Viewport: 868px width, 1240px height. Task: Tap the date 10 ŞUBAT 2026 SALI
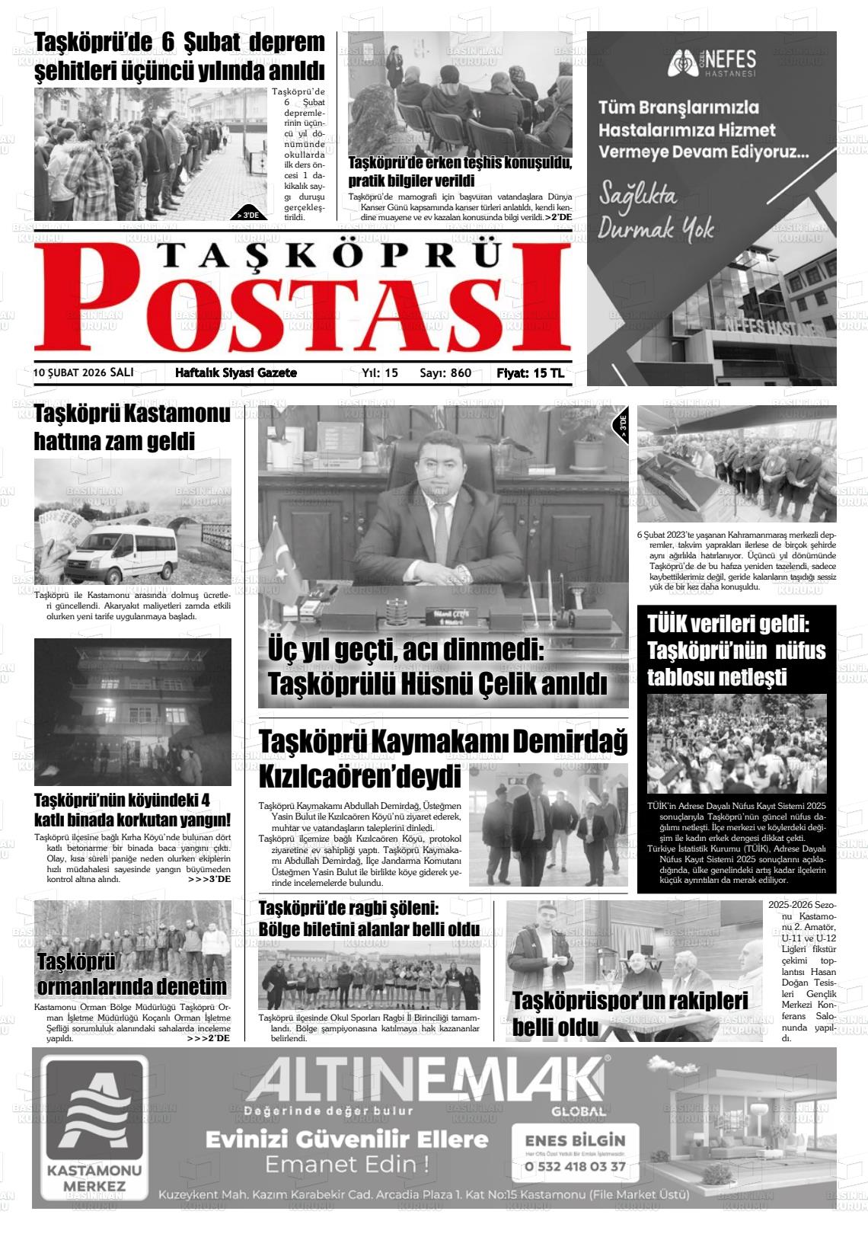click(84, 372)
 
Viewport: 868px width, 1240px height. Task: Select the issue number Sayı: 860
click(445, 373)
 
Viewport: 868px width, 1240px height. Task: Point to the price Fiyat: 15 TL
click(531, 373)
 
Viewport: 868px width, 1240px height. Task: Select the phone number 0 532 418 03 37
click(576, 1166)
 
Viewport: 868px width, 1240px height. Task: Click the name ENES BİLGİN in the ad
click(575, 1140)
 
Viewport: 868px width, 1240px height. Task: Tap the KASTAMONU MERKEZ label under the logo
click(94, 1178)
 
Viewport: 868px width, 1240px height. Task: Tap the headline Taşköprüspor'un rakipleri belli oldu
click(630, 1014)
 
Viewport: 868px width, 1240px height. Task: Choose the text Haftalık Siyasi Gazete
click(236, 373)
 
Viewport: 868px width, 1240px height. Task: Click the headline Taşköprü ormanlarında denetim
click(132, 974)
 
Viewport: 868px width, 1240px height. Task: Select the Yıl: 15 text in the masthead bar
click(380, 373)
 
